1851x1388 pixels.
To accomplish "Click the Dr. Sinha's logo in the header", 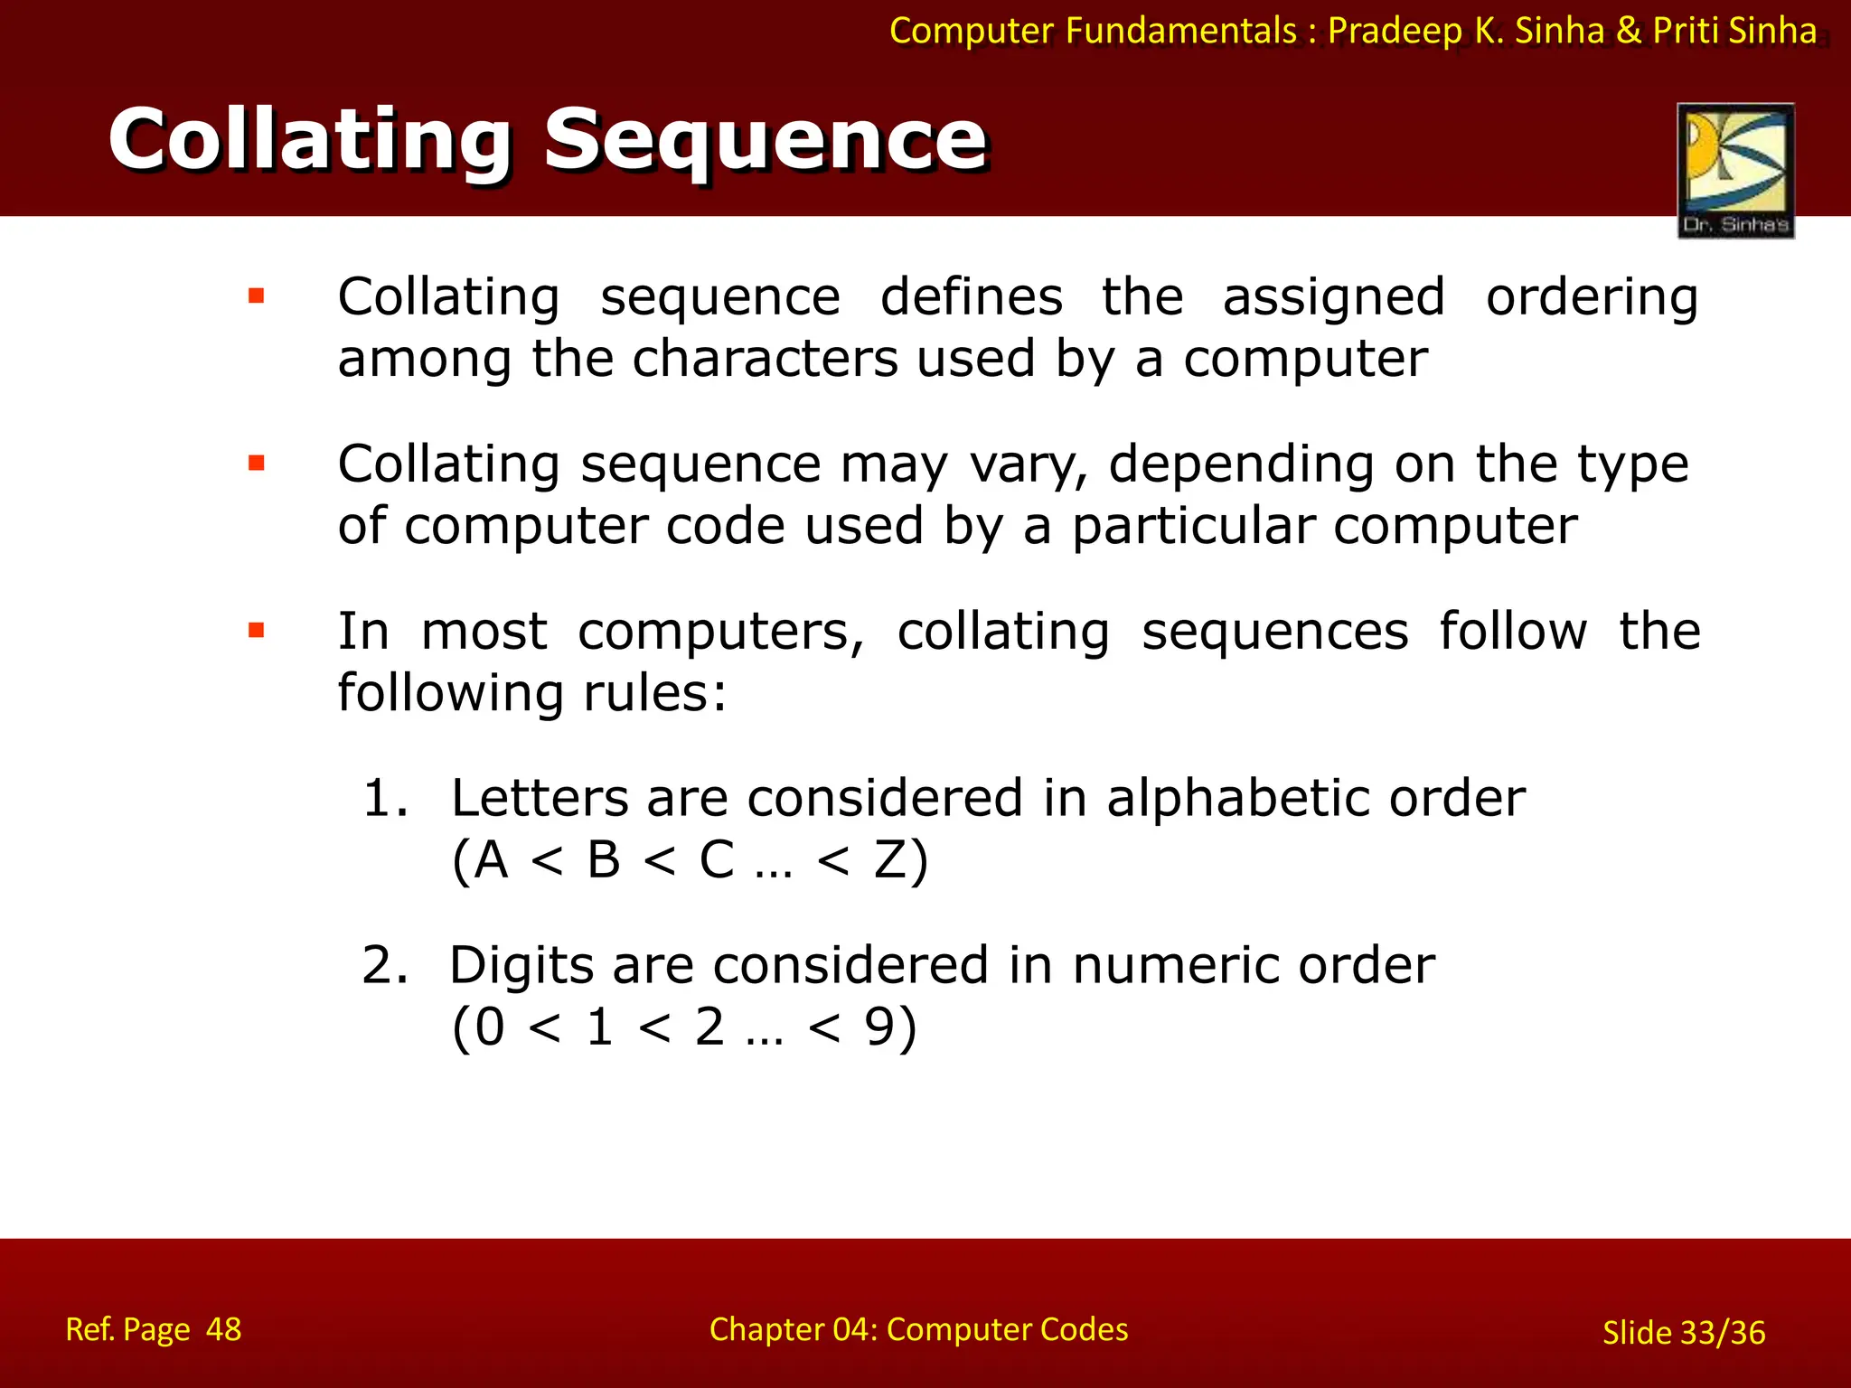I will [x=1735, y=170].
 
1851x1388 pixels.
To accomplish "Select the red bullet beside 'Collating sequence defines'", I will [x=257, y=296].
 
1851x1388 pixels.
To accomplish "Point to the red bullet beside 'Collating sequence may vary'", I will [x=257, y=464].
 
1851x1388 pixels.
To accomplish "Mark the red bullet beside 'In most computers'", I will [x=257, y=631].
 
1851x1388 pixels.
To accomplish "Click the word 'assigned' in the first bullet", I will [x=1334, y=298].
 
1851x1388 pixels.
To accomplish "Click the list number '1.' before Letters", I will [x=385, y=799].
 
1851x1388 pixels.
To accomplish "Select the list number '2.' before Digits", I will [x=385, y=966].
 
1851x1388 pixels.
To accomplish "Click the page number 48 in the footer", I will [x=223, y=1330].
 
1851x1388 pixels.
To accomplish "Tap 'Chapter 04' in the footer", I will [x=792, y=1330].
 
